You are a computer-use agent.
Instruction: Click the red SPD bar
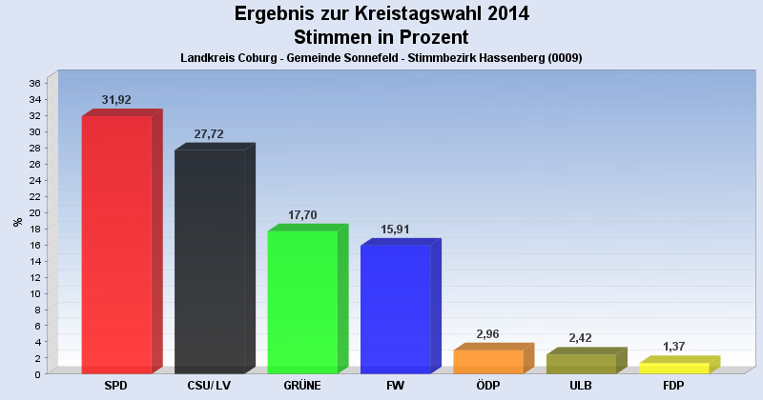(x=116, y=245)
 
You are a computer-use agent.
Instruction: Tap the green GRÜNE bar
(x=302, y=302)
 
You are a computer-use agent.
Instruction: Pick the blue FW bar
(x=395, y=309)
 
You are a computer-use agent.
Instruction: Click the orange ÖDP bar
(x=488, y=362)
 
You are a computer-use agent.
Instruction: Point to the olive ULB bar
(x=581, y=364)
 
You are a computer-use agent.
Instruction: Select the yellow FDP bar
(x=673, y=368)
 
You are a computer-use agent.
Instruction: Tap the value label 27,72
(x=209, y=134)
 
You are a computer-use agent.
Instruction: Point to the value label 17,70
(x=302, y=215)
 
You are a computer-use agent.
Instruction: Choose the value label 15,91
(x=395, y=230)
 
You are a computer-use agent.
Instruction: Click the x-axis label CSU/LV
(x=209, y=386)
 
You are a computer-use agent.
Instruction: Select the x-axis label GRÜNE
(x=302, y=386)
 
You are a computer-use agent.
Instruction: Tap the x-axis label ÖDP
(x=488, y=386)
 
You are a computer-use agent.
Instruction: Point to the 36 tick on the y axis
(x=34, y=83)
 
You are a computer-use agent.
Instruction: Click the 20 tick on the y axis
(x=34, y=212)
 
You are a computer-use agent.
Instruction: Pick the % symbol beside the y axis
(x=17, y=222)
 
